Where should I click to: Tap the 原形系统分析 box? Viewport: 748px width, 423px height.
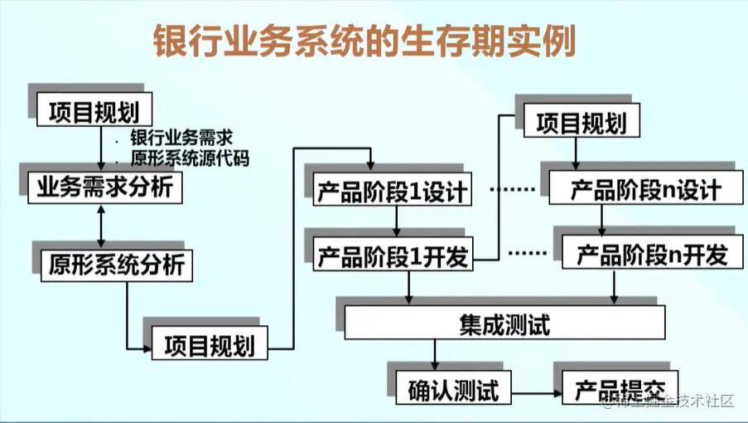coord(117,265)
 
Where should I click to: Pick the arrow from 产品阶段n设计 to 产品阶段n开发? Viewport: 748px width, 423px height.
coord(601,221)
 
